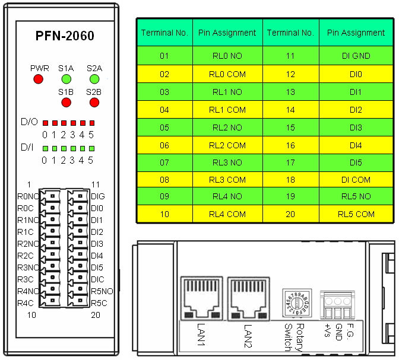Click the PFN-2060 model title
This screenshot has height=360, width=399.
pyautogui.click(x=65, y=36)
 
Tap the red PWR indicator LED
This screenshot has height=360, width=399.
pyautogui.click(x=39, y=79)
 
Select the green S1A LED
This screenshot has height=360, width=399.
pyautogui.click(x=66, y=79)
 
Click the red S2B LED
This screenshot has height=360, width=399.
pyautogui.click(x=94, y=103)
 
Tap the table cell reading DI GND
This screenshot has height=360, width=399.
pyautogui.click(x=356, y=56)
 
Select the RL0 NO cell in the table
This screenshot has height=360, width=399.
pyautogui.click(x=227, y=56)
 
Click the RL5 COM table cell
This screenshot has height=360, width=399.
pyautogui.click(x=356, y=214)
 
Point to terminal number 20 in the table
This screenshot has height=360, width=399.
pyautogui.click(x=290, y=214)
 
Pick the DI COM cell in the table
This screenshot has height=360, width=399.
pyautogui.click(x=356, y=179)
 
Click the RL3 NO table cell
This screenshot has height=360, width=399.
pyautogui.click(x=227, y=161)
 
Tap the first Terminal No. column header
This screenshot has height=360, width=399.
pyautogui.click(x=164, y=33)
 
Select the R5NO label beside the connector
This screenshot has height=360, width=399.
pyautogui.click(x=102, y=291)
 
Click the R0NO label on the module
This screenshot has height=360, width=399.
pyautogui.click(x=28, y=196)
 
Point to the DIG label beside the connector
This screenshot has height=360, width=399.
pyautogui.click(x=98, y=196)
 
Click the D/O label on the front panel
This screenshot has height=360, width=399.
pyautogui.click(x=28, y=122)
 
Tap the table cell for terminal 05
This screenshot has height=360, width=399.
pyautogui.click(x=164, y=126)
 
